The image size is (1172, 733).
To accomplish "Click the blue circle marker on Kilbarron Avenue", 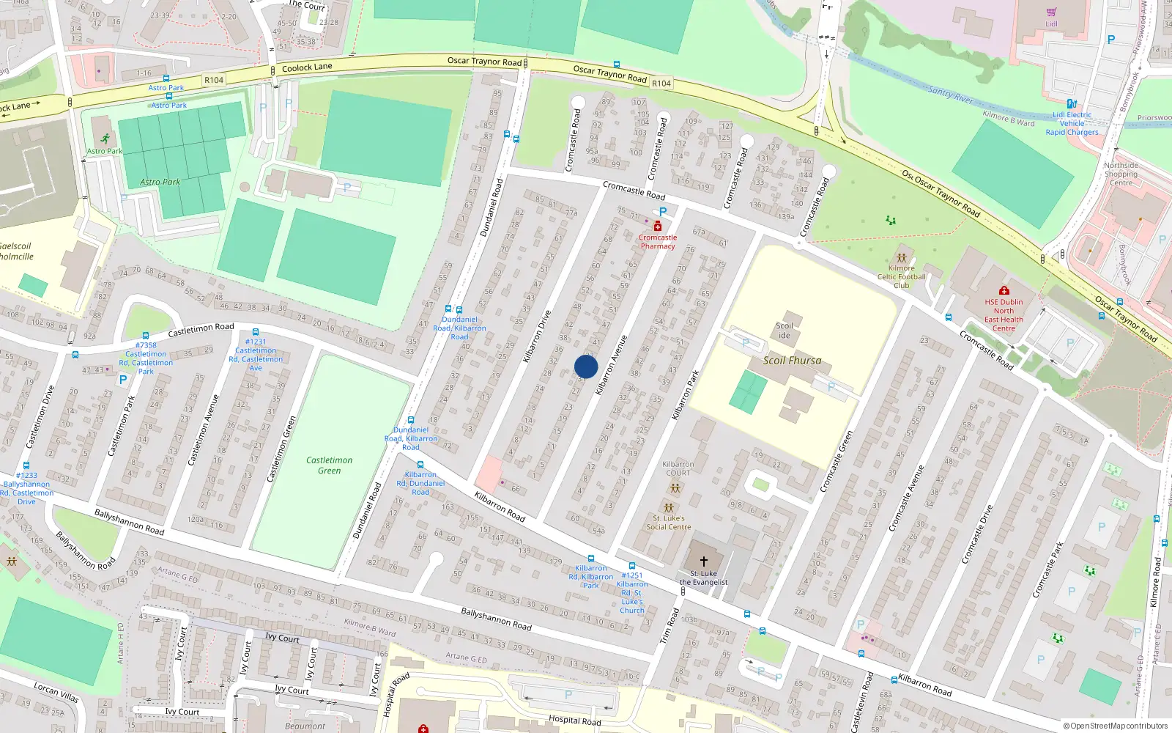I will (586, 366).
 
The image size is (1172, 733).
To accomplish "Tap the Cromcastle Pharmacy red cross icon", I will (658, 226).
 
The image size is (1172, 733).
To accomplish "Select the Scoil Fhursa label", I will (792, 361).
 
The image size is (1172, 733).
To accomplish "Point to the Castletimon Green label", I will (329, 465).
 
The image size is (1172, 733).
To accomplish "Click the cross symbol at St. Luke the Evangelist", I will (704, 561).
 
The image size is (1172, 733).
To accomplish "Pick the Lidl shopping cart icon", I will (1052, 12).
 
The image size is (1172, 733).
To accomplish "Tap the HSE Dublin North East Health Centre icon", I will (1004, 291).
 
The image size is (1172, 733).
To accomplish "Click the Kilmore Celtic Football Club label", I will (902, 277).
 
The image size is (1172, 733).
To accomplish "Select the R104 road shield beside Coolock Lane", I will (214, 80).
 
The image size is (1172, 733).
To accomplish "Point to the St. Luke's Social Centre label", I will (668, 523).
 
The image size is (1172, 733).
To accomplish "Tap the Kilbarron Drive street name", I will (537, 336).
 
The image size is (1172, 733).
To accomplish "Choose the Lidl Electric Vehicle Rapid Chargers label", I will (1072, 123).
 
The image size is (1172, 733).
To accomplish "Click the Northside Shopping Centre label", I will (1121, 174).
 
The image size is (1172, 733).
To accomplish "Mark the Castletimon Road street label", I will (201, 330).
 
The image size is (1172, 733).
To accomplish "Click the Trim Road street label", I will (670, 626).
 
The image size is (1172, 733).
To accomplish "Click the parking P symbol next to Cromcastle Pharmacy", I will (663, 212).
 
